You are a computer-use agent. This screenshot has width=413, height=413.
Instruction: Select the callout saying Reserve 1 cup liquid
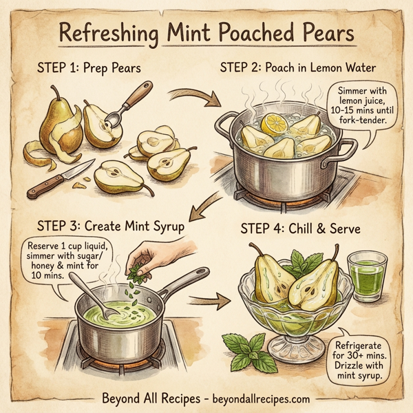(x=65, y=261)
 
